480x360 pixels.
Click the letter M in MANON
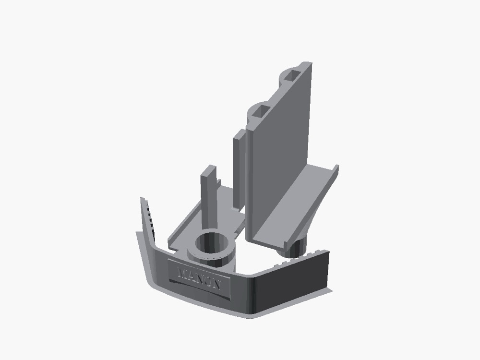tap(183, 273)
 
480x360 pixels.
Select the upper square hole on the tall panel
tap(292, 75)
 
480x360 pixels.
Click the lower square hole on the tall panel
tap(261, 110)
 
